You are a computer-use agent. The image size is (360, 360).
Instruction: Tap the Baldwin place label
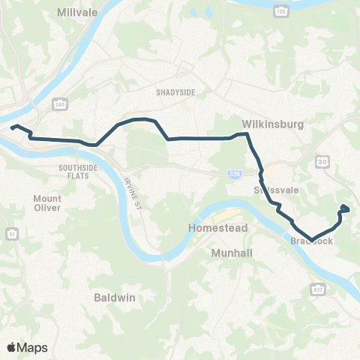pos(115,297)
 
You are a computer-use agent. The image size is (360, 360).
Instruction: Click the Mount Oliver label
pos(47,203)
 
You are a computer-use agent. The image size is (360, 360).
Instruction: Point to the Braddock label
pos(309,241)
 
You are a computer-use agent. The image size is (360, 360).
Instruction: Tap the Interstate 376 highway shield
pos(234,173)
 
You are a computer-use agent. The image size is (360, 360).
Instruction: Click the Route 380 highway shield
pos(58,102)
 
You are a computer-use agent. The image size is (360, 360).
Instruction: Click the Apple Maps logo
pos(27,347)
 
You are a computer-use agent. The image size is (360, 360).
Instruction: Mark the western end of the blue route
pos(12,127)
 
